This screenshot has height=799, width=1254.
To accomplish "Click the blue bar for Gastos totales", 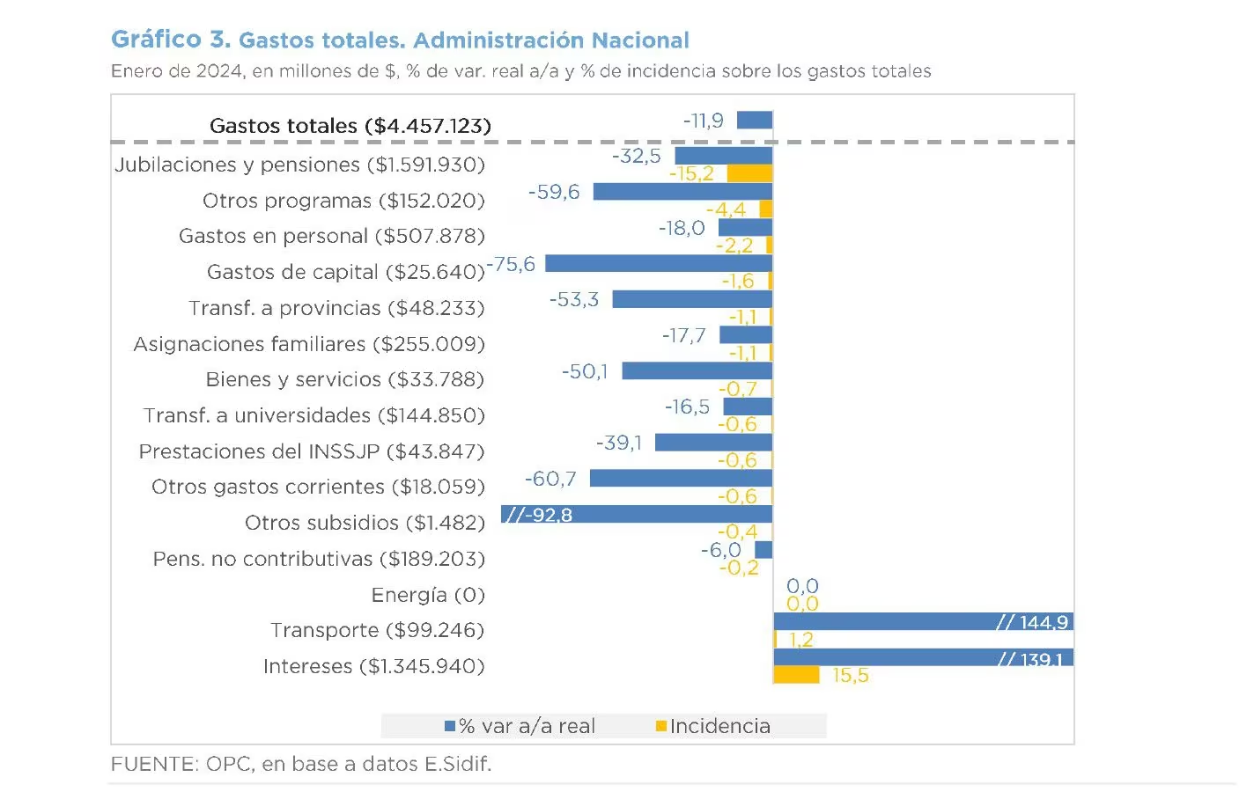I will pyautogui.click(x=754, y=120).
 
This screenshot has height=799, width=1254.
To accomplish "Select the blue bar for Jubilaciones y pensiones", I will pyautogui.click(x=723, y=156).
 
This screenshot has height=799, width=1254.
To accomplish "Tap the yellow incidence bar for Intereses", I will pyautogui.click(x=796, y=675).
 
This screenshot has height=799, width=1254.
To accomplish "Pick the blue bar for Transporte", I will pyautogui.click(x=923, y=621).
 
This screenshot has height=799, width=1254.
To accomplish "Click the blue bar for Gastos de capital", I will pyautogui.click(x=659, y=263).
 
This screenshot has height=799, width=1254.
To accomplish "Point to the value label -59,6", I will pyautogui.click(x=554, y=192).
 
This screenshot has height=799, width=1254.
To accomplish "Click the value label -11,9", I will pyautogui.click(x=704, y=121).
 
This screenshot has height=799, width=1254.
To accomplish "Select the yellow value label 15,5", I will pyautogui.click(x=851, y=676).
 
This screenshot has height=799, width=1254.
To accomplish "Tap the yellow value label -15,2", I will pyautogui.click(x=691, y=173).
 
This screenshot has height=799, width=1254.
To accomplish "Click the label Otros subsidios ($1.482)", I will pyautogui.click(x=365, y=523).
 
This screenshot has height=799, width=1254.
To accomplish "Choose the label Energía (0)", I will pyautogui.click(x=428, y=595).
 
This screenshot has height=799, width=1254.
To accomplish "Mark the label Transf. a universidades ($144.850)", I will pyautogui.click(x=314, y=415).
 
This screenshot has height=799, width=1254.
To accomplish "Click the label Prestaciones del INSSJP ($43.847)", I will pyautogui.click(x=312, y=451).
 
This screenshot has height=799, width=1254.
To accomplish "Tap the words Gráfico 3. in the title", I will pyautogui.click(x=171, y=40).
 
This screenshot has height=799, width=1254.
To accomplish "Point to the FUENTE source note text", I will pyautogui.click(x=301, y=764).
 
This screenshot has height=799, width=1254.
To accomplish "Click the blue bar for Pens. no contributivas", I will pyautogui.click(x=763, y=550).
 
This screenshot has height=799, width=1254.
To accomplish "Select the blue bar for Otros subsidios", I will pyautogui.click(x=637, y=514).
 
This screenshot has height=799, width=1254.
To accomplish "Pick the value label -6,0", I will pyautogui.click(x=720, y=550).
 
